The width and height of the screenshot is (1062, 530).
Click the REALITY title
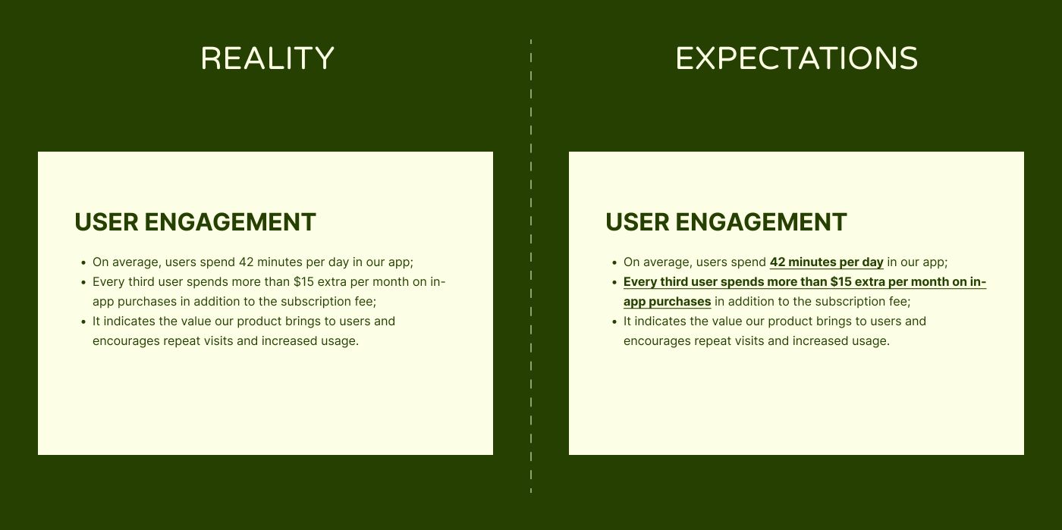point(267,58)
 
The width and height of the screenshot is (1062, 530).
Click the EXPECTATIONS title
point(796,58)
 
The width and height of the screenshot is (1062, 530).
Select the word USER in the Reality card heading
point(106,222)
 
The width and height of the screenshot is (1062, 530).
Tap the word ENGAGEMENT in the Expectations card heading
point(761,222)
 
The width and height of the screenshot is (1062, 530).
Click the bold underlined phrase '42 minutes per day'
point(826,262)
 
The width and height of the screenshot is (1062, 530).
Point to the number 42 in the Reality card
point(246,262)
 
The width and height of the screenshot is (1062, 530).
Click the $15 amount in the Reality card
point(303,281)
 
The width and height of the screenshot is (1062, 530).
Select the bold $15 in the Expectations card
point(841,281)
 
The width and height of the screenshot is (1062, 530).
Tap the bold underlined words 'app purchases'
point(667,302)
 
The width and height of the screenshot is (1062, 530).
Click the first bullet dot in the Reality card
point(83,262)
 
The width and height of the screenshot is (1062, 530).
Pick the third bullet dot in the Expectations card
point(614,322)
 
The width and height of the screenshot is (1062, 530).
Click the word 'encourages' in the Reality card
point(126,341)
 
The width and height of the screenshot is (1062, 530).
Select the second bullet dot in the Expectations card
point(614,283)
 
